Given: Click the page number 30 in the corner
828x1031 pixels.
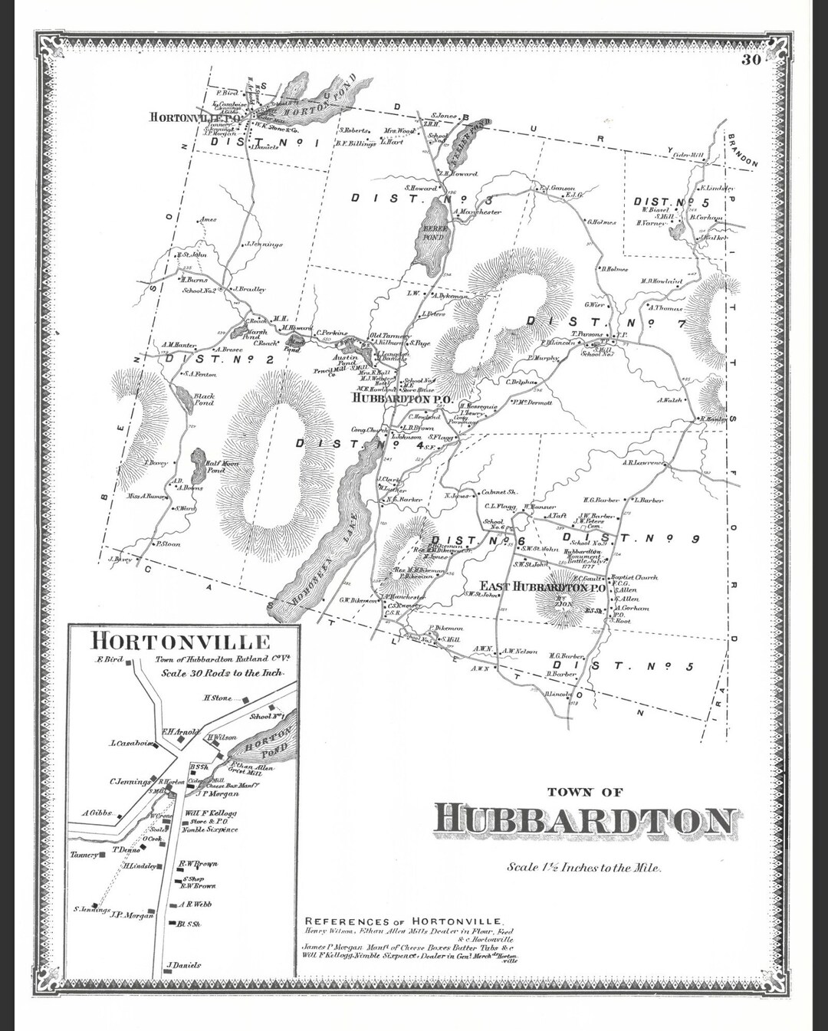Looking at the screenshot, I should [751, 61].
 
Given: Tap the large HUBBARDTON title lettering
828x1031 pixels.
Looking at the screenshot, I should [586, 820].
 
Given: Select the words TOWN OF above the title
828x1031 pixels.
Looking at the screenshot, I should [585, 792].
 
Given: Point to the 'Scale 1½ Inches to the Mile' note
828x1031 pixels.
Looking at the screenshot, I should [583, 868].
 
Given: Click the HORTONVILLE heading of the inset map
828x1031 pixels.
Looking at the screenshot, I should [180, 641].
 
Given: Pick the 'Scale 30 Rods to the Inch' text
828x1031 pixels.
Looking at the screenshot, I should [222, 672].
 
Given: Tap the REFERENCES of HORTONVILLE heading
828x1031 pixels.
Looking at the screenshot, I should [403, 921].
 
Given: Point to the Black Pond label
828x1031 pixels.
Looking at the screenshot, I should [204, 399].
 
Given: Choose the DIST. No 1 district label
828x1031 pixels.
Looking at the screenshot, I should [264, 141].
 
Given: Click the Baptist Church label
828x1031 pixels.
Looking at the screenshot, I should [634, 577].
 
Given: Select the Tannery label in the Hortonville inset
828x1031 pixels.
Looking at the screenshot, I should [84, 855].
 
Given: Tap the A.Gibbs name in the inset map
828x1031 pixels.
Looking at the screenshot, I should [97, 813].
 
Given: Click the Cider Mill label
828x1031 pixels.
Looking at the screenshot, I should [687, 154].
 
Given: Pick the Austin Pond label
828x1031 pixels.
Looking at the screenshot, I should [345, 360].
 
